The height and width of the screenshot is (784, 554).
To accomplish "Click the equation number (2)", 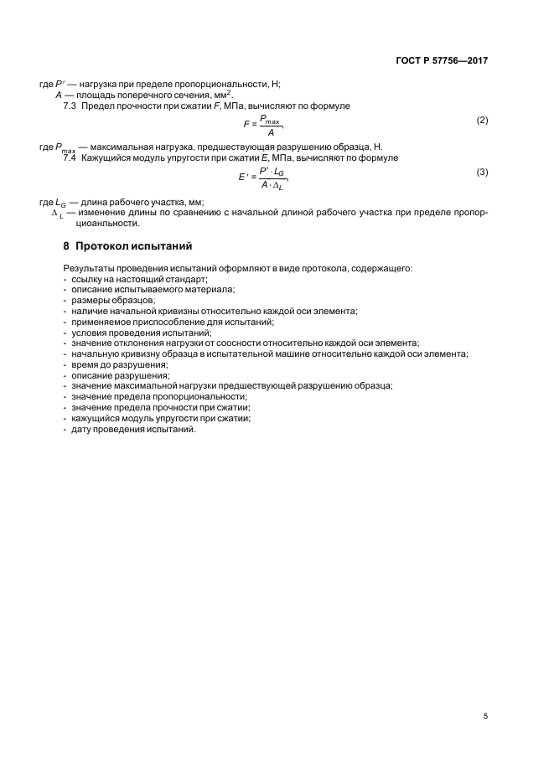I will pyautogui.click(x=482, y=120).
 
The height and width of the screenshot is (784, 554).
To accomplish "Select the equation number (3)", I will pyautogui.click(x=482, y=172).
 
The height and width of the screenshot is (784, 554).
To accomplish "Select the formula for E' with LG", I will pyautogui.click(x=263, y=178).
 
